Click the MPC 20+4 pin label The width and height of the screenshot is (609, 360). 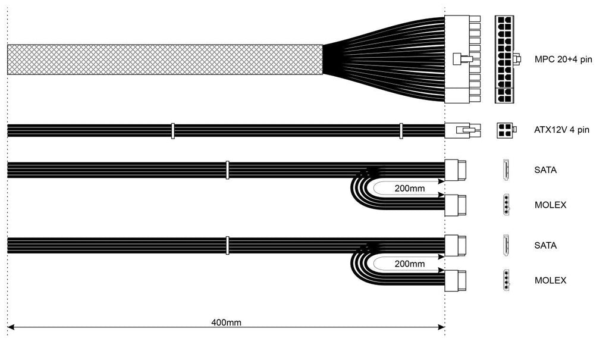(563, 60)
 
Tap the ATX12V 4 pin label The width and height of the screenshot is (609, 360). (561, 130)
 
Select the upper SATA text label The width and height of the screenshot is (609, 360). (545, 170)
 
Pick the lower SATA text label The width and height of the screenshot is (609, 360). (545, 245)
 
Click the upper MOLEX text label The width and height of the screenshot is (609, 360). (550, 205)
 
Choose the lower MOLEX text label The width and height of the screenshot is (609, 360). (550, 280)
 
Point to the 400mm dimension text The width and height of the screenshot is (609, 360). (226, 323)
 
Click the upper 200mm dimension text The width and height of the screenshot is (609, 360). (409, 189)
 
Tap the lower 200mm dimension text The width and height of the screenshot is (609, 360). (409, 264)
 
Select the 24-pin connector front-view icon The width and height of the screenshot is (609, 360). (507, 60)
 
